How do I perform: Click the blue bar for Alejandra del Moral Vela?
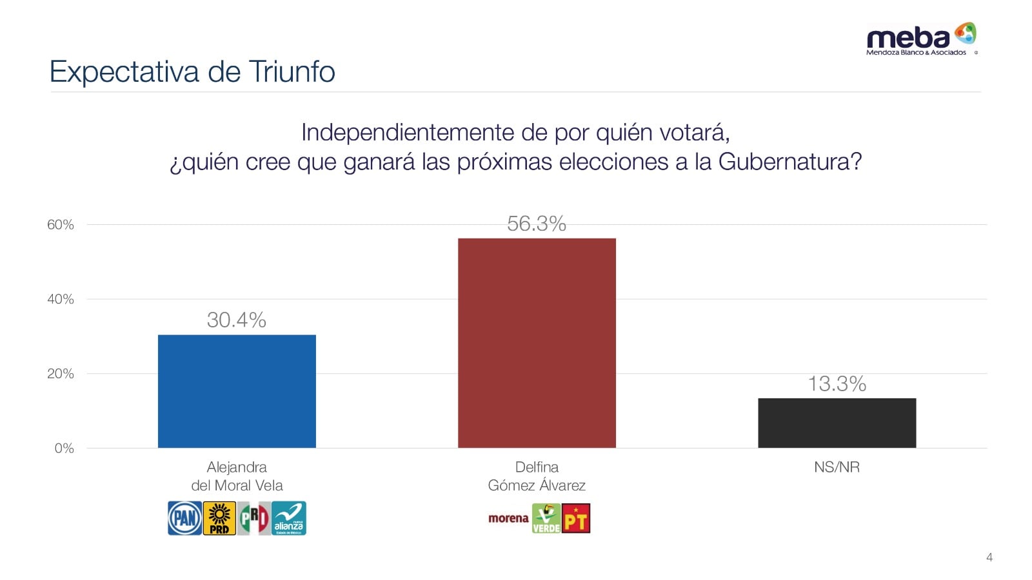(x=237, y=391)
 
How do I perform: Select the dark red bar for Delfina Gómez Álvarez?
(x=537, y=343)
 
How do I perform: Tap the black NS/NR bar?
(x=837, y=423)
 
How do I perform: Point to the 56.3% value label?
(x=537, y=224)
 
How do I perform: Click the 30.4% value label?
(x=237, y=320)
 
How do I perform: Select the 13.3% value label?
(x=837, y=383)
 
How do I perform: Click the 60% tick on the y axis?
(x=61, y=225)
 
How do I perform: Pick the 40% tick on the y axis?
(x=61, y=299)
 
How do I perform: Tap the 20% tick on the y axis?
(x=61, y=374)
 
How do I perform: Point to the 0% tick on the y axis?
(x=64, y=449)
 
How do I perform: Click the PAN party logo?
(x=185, y=518)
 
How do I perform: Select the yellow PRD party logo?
(x=219, y=518)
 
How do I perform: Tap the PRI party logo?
(x=253, y=518)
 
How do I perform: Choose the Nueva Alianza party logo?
(x=288, y=518)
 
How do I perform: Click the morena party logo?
(x=508, y=518)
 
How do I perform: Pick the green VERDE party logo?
(x=546, y=518)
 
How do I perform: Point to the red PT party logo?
(x=576, y=518)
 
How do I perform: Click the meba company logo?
(x=920, y=39)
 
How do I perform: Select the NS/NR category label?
(x=837, y=467)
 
